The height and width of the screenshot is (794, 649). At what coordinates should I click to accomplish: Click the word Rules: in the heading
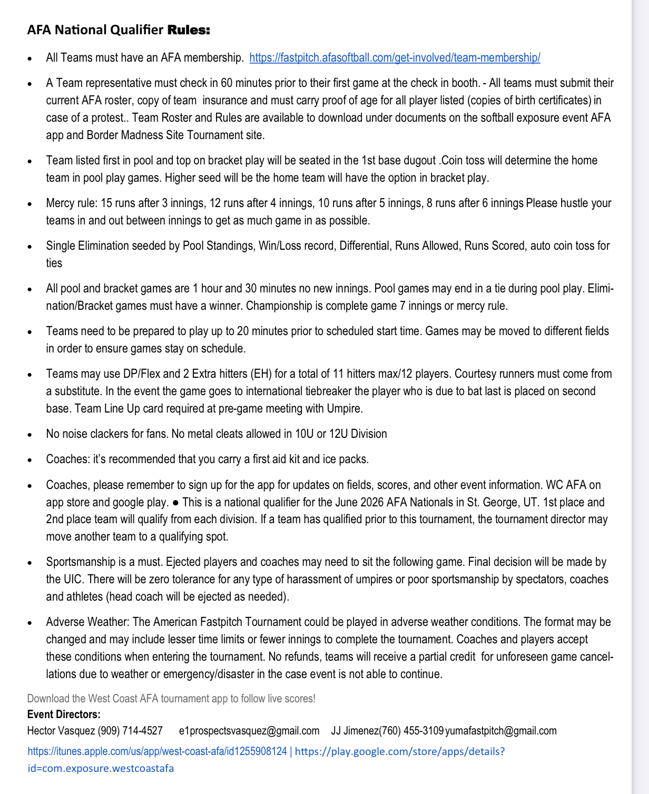pos(189,30)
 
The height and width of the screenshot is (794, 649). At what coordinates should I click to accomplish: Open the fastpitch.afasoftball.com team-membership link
pos(395,57)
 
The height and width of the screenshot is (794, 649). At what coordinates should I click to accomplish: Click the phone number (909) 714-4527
pos(130,731)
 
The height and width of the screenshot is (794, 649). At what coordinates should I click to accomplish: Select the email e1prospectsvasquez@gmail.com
pos(249,731)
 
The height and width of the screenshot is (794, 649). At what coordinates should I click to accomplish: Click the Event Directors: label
pos(64,714)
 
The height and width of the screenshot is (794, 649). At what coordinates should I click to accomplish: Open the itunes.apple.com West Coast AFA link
pos(157,751)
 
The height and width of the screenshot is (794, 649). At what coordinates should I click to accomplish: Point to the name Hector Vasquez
pos(61,731)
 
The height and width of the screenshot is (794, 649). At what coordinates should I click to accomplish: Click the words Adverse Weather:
pos(87,622)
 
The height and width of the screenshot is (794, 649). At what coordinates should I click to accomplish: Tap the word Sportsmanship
pos(81,562)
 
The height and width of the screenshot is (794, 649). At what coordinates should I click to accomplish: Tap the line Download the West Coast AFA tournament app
pos(171,698)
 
